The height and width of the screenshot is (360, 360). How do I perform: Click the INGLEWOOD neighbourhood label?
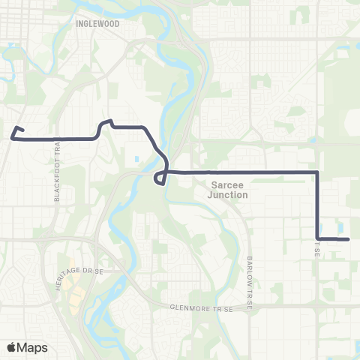[x=97, y=24]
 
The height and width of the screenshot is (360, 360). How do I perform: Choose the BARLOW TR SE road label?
[x=250, y=274]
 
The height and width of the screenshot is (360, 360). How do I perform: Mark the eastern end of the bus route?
[x=349, y=239]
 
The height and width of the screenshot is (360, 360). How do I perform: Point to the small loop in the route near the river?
[x=160, y=178]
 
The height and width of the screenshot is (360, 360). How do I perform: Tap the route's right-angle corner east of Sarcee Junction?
[x=318, y=172]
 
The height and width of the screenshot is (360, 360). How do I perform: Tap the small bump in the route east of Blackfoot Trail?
[x=106, y=121]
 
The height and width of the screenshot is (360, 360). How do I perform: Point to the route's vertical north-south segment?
[x=318, y=206]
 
